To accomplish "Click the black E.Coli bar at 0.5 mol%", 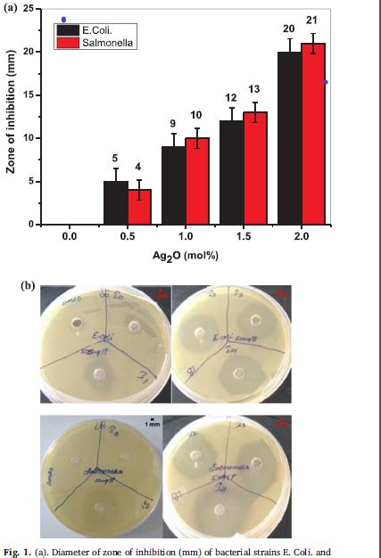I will pyautogui.click(x=116, y=202).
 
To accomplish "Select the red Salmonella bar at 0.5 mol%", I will pyautogui.click(x=139, y=207).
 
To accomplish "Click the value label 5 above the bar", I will pyautogui.click(x=115, y=158).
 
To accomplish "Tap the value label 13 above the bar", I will pyautogui.click(x=254, y=89).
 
